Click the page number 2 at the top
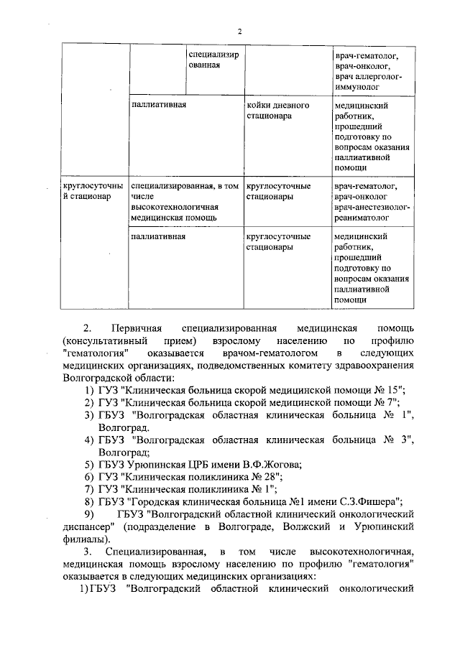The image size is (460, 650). [x=239, y=31]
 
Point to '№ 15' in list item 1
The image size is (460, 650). [x=390, y=390]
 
